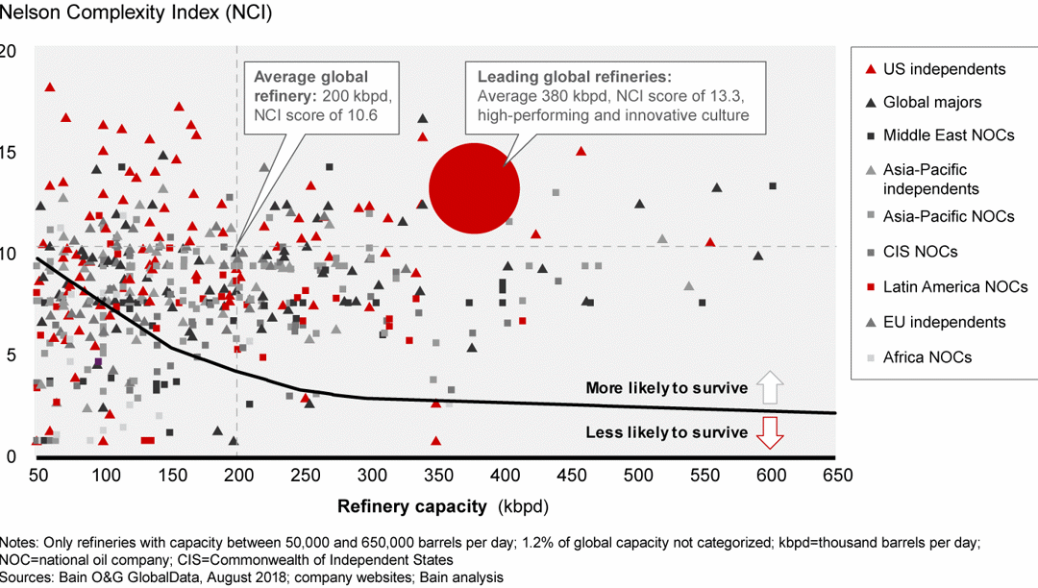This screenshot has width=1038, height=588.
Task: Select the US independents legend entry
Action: coord(944,69)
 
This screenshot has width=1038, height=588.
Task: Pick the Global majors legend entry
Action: coord(932,102)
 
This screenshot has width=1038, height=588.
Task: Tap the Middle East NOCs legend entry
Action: coord(948,135)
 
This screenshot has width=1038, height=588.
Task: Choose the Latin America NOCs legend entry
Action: coord(955,287)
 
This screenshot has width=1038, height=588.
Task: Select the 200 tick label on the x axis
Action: coord(237,475)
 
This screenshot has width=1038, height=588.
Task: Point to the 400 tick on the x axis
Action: coord(504,475)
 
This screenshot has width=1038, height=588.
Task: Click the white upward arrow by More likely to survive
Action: coord(771,388)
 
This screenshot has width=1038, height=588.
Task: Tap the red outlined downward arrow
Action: coord(771,433)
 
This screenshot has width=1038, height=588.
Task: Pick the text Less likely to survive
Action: coord(666,433)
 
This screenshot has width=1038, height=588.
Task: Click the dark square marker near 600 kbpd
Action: coord(773,186)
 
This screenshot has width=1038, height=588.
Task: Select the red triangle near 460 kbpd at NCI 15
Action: coord(581,151)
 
